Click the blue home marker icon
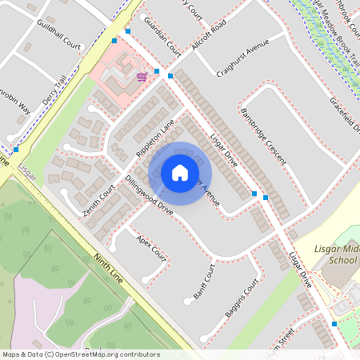(180, 173)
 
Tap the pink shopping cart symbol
(142, 77)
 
